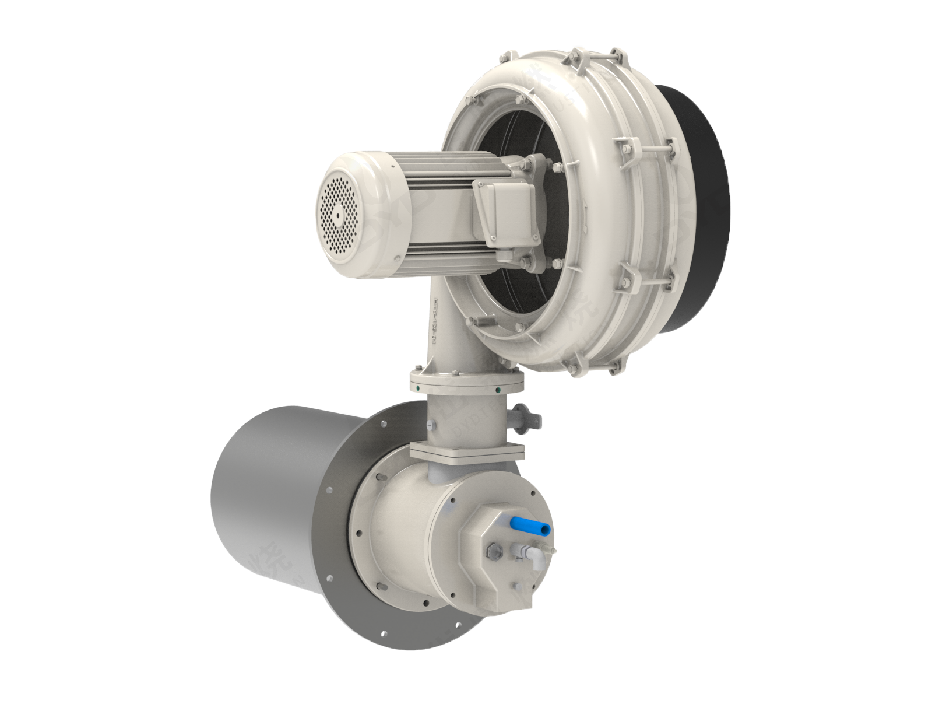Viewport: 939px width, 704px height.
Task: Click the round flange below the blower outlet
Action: tap(467, 381)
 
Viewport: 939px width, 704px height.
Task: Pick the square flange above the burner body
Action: tap(466, 451)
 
